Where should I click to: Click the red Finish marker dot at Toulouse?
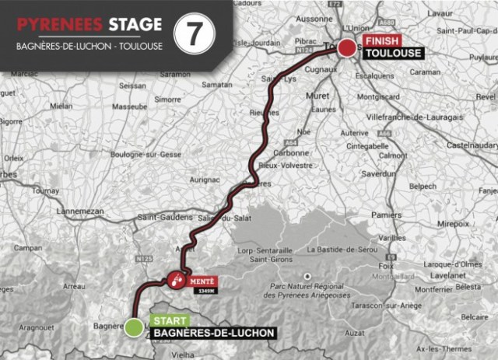click(347, 48)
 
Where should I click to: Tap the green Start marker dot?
click(134, 327)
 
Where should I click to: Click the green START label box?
click(169, 320)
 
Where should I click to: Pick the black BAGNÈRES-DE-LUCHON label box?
click(213, 334)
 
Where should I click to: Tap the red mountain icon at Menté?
click(177, 279)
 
